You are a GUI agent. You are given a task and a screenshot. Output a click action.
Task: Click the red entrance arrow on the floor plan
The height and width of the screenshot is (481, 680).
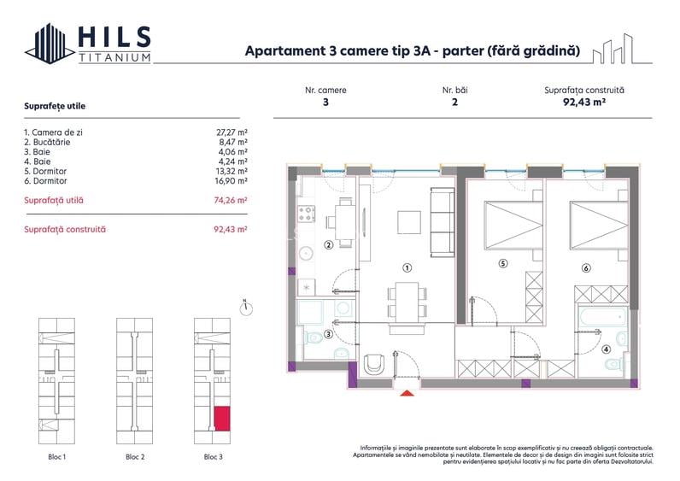coord(408,392)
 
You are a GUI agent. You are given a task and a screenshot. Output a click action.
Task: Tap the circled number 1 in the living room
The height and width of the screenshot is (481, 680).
coord(407,267)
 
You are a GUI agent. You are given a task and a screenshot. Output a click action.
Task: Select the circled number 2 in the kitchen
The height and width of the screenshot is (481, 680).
coord(327,246)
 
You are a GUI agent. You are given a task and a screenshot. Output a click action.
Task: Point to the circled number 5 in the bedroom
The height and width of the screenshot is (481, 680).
coord(503,263)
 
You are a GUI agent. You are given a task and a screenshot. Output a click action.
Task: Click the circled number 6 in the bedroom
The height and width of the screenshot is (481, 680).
coord(585,268)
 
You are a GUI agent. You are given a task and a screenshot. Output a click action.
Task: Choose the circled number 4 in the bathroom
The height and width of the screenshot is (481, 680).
coord(606,348)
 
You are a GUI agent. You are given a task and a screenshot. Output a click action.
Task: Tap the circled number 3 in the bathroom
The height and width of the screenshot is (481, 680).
coord(328,334)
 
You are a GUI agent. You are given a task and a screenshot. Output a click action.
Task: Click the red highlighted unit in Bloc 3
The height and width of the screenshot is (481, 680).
coord(220,419)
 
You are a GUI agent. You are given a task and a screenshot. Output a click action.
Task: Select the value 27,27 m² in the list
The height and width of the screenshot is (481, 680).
coord(232,132)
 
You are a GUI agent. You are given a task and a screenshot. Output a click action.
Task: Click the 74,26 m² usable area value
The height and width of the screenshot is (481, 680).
coord(231,200)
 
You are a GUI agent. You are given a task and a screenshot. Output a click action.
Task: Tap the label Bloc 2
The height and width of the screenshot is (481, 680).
coord(135,457)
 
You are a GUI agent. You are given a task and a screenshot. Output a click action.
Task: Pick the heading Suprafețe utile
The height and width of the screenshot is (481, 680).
coord(55,106)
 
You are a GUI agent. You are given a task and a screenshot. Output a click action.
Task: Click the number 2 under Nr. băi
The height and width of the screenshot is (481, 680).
coord(454,102)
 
